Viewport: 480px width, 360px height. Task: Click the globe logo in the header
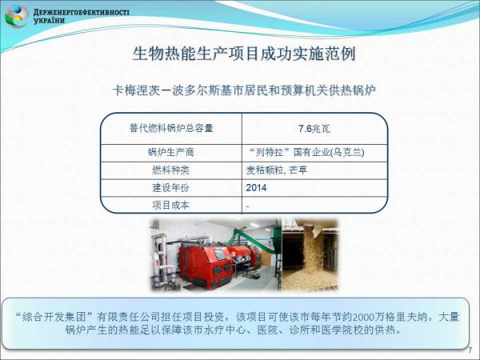(x=17, y=17)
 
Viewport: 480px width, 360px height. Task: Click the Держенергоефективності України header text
(x=81, y=17)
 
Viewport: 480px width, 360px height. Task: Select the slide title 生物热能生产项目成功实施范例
(x=244, y=54)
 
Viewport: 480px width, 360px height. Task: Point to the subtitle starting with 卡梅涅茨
(x=244, y=90)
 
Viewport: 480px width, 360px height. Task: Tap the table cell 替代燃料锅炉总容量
(x=171, y=128)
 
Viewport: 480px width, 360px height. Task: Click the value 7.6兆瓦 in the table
(x=314, y=129)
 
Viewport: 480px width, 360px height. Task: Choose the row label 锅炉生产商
(x=171, y=153)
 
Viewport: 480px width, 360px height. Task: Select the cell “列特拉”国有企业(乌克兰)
(x=306, y=153)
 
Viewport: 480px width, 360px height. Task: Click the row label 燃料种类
(x=171, y=170)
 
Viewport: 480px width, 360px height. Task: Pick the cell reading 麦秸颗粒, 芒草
(x=277, y=170)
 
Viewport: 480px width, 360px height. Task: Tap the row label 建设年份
(x=171, y=188)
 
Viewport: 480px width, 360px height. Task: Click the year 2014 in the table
(x=256, y=188)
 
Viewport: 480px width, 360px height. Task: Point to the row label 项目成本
(x=171, y=205)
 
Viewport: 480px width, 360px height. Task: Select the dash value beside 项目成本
(x=248, y=206)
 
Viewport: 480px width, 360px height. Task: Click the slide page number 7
(x=470, y=351)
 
